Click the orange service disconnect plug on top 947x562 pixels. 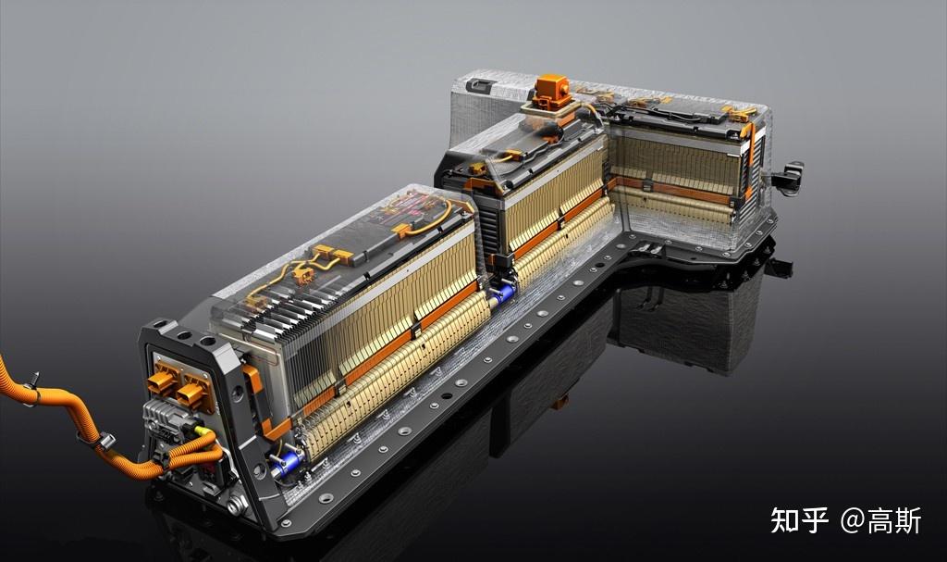(551, 91)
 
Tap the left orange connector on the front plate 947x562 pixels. (162, 381)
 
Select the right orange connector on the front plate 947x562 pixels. (193, 392)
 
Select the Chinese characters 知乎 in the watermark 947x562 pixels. (799, 520)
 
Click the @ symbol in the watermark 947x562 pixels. (852, 520)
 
